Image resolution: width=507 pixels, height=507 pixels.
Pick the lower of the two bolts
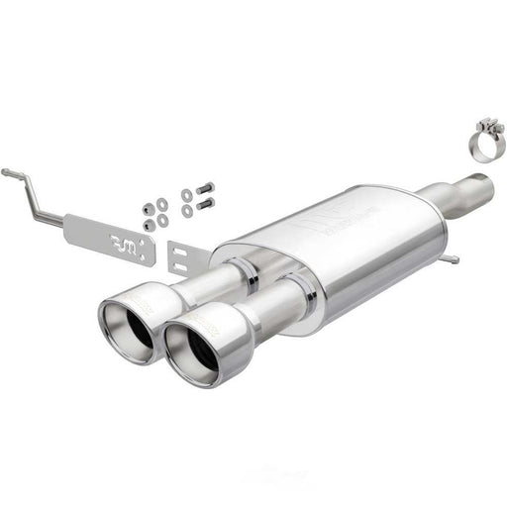point(205,205)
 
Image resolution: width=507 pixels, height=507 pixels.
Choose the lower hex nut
point(149,225)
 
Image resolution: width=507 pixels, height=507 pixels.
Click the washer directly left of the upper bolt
point(187,195)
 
